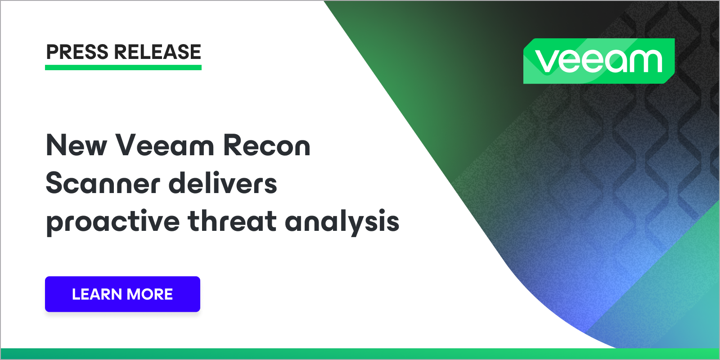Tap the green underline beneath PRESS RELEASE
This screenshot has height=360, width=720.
click(x=123, y=67)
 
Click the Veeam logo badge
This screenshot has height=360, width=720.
click(x=598, y=61)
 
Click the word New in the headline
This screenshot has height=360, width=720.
click(x=76, y=146)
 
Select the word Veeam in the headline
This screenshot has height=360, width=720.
click(x=165, y=146)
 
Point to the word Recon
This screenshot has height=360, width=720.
click(x=266, y=146)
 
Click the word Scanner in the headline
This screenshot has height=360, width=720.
click(x=103, y=184)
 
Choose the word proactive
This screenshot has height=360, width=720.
click(x=113, y=222)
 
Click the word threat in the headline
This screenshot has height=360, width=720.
click(x=232, y=221)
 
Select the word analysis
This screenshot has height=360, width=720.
click(x=342, y=222)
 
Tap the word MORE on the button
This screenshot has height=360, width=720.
click(x=150, y=294)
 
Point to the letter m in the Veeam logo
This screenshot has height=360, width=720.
click(x=645, y=62)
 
